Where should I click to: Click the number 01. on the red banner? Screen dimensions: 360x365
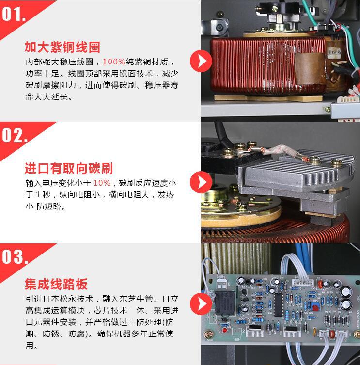click(x=14, y=14)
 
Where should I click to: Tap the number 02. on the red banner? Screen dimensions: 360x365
click(x=15, y=135)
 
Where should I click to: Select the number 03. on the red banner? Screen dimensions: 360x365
click(x=15, y=256)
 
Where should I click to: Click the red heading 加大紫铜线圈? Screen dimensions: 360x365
click(x=63, y=47)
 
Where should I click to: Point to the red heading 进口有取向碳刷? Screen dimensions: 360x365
click(x=69, y=168)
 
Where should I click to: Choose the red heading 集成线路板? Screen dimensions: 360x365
click(x=56, y=284)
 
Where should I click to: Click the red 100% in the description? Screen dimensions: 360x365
click(x=114, y=62)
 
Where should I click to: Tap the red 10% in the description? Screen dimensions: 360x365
click(x=102, y=183)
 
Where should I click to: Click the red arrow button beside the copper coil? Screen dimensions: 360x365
click(x=201, y=61)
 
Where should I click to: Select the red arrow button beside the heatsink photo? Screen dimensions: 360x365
click(x=201, y=182)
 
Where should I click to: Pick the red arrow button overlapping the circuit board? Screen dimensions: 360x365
click(x=201, y=304)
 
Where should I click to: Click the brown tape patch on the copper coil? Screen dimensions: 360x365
click(x=310, y=69)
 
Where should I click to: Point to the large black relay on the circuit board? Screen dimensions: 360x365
click(x=225, y=302)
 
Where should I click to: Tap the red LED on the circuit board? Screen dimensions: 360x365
click(x=224, y=330)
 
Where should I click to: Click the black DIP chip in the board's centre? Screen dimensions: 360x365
click(x=278, y=304)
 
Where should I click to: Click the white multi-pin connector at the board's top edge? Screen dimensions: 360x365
click(x=303, y=283)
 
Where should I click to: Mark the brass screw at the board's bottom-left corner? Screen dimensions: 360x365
click(x=208, y=334)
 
